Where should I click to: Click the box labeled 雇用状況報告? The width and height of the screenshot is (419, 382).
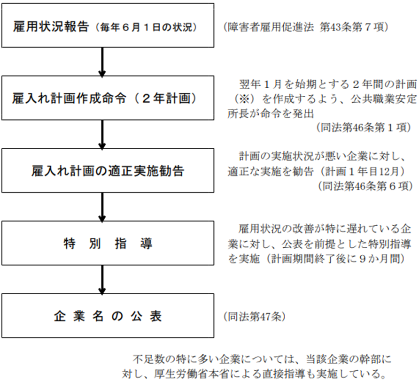click(108, 25)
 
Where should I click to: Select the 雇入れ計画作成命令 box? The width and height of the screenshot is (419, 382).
click(108, 98)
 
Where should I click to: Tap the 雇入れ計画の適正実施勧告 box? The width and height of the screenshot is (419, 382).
click(108, 170)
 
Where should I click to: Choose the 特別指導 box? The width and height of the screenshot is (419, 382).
click(108, 243)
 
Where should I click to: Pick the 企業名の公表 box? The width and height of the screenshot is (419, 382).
click(108, 316)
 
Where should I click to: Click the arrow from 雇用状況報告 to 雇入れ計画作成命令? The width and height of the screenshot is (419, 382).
click(102, 62)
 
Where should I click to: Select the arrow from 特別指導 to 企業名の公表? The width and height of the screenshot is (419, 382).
click(102, 280)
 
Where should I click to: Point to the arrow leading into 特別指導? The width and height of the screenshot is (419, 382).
click(102, 207)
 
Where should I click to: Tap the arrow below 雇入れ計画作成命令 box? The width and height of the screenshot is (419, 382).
click(102, 135)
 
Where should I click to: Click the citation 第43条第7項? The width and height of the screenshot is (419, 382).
click(352, 27)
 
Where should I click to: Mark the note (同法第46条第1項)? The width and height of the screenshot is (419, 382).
click(364, 128)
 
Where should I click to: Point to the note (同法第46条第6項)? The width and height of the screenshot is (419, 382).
click(365, 186)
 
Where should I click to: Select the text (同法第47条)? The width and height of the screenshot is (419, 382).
click(255, 317)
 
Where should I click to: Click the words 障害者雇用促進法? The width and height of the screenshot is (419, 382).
click(271, 27)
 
